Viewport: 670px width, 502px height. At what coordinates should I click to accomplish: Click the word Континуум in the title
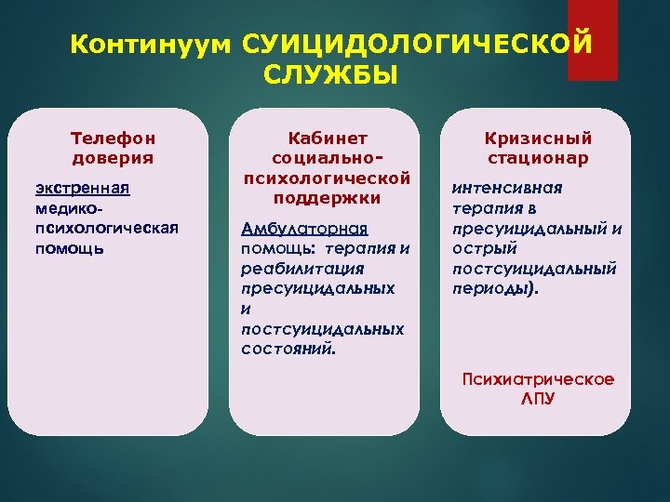point(151,45)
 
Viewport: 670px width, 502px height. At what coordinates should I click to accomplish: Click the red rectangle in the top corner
point(592,40)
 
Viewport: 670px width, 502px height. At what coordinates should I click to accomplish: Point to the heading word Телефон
point(113,138)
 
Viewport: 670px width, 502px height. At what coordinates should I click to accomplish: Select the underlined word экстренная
point(82,190)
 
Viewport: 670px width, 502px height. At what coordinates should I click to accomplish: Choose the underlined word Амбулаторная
point(304,229)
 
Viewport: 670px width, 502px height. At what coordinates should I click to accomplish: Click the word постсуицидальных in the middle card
point(322,329)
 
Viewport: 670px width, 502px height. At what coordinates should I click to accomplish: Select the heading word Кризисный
point(538,138)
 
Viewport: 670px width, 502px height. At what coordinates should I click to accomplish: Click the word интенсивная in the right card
point(506,189)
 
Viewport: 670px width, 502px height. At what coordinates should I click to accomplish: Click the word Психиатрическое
point(538,379)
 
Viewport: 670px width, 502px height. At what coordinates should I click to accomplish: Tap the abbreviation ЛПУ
point(538,399)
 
